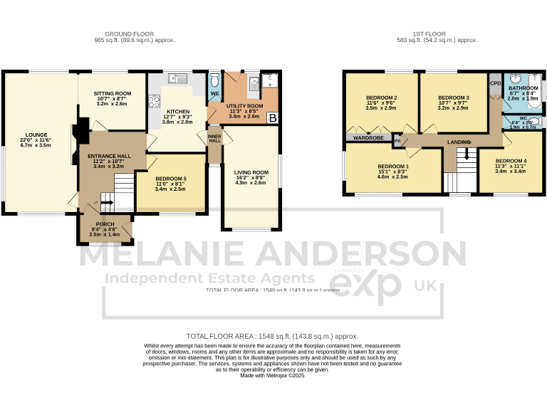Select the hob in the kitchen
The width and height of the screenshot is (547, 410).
[152, 101]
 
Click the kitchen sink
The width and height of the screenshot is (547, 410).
[178, 78]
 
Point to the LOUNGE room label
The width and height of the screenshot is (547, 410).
[36, 134]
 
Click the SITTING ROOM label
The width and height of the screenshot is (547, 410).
[114, 93]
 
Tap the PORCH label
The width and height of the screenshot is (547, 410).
[105, 224]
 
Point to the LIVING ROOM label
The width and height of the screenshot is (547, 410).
[251, 172]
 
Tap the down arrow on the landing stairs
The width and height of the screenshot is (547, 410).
[467, 154]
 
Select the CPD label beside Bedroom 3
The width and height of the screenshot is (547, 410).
[495, 83]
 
